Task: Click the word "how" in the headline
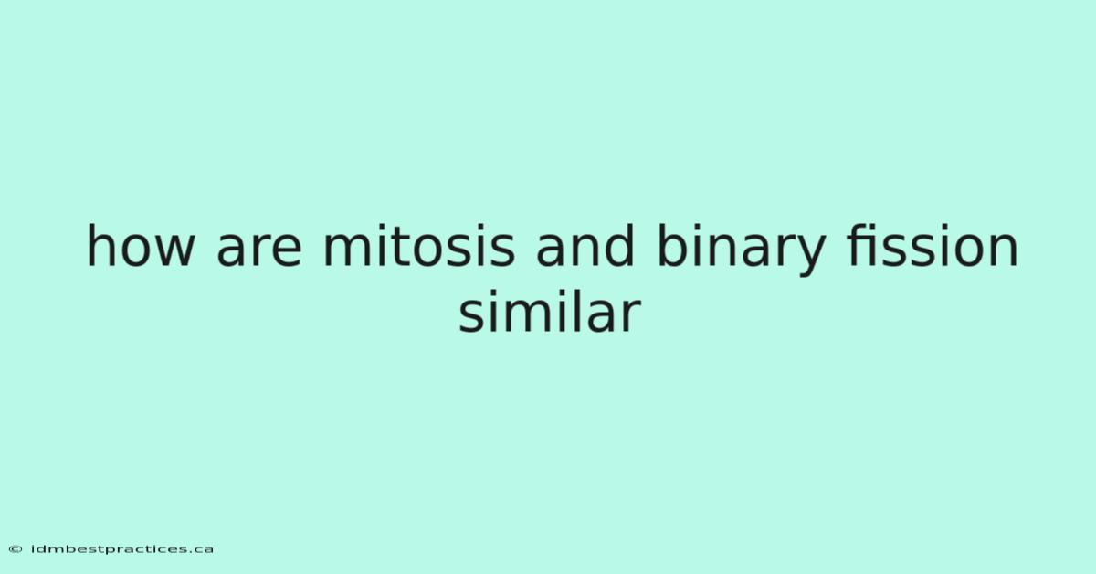click(141, 245)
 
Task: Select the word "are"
click(258, 250)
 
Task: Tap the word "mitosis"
click(419, 245)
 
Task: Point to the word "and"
click(585, 245)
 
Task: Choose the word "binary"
click(742, 250)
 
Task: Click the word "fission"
click(933, 245)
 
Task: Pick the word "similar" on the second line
click(550, 312)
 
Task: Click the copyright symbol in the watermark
click(16, 549)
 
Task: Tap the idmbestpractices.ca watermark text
click(122, 549)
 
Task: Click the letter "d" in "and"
click(619, 245)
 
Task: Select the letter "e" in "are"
click(286, 250)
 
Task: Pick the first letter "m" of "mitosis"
click(347, 250)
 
